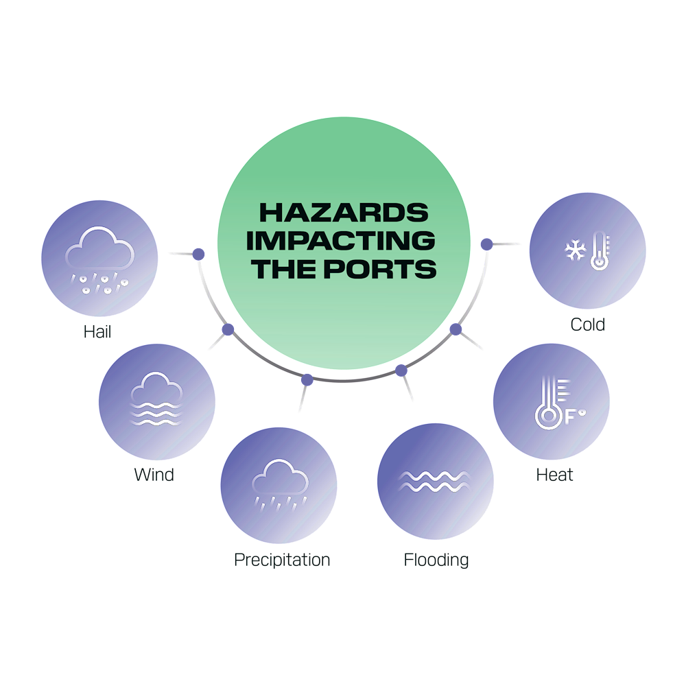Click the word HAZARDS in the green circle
click(x=344, y=212)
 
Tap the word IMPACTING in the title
click(x=341, y=241)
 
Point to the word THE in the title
click(x=283, y=269)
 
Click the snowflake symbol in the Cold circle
click(x=574, y=251)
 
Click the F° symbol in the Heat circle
click(x=574, y=415)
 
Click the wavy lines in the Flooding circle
click(x=435, y=481)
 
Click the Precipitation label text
click(x=282, y=560)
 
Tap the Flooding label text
click(x=436, y=560)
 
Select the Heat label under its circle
click(x=554, y=475)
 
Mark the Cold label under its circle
click(x=588, y=324)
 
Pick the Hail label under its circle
click(x=98, y=332)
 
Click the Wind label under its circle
click(x=154, y=475)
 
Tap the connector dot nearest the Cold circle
click(x=486, y=244)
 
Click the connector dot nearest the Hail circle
click(x=198, y=254)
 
